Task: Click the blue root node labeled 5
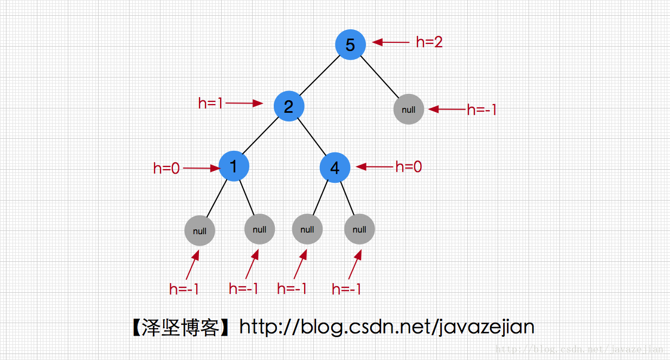click(x=350, y=44)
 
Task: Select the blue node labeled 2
click(x=288, y=106)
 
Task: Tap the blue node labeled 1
click(x=234, y=166)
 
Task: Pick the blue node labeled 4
click(x=335, y=168)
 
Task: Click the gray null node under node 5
click(x=408, y=109)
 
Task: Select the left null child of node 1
click(x=199, y=231)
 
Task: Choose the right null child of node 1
click(x=260, y=229)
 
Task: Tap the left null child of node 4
click(x=307, y=229)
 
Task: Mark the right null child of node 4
click(x=359, y=229)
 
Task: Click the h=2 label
click(x=429, y=42)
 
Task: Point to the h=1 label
click(x=211, y=103)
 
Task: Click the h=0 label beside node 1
click(x=166, y=169)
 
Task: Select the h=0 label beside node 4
click(x=409, y=167)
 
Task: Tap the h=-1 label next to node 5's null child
click(x=482, y=110)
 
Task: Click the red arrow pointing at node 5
click(x=390, y=42)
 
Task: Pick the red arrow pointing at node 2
click(x=244, y=103)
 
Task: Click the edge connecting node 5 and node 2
click(x=319, y=75)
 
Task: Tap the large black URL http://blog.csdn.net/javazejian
click(x=386, y=327)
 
